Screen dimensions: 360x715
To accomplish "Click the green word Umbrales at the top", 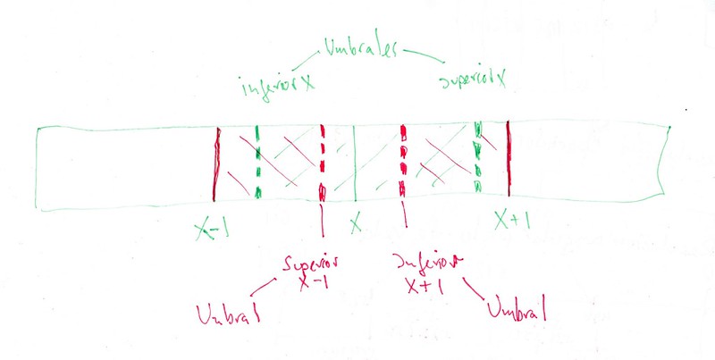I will point(362,47).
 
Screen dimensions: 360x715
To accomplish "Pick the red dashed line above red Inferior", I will point(404,162).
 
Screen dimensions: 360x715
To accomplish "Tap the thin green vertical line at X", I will point(355,165).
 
